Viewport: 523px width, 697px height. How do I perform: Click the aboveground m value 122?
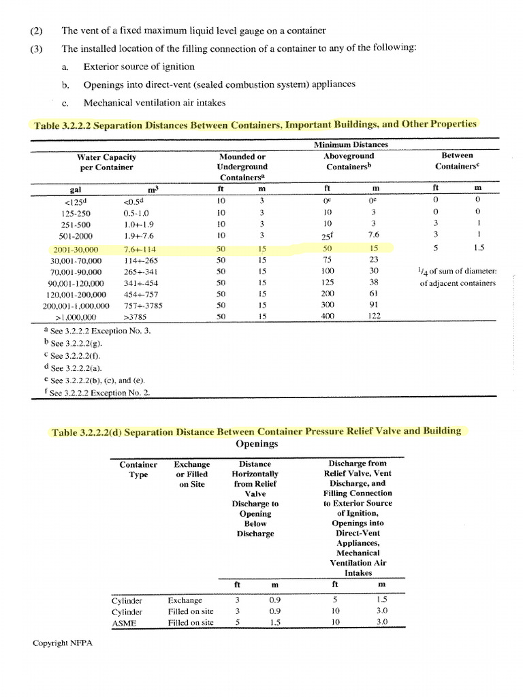[x=373, y=317]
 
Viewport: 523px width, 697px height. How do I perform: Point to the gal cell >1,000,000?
[x=75, y=317]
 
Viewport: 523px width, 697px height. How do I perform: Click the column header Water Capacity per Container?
[x=107, y=161]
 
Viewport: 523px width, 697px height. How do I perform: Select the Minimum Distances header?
[x=351, y=145]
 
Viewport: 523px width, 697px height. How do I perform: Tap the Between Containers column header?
[x=458, y=161]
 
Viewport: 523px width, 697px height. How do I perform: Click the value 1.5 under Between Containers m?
[x=478, y=248]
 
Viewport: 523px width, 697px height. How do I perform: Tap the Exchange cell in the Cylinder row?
[x=185, y=600]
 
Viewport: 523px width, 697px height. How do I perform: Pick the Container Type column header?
[x=138, y=469]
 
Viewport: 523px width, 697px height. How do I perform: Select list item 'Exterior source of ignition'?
[x=138, y=67]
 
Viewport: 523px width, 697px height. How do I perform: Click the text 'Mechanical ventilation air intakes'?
[x=155, y=103]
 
